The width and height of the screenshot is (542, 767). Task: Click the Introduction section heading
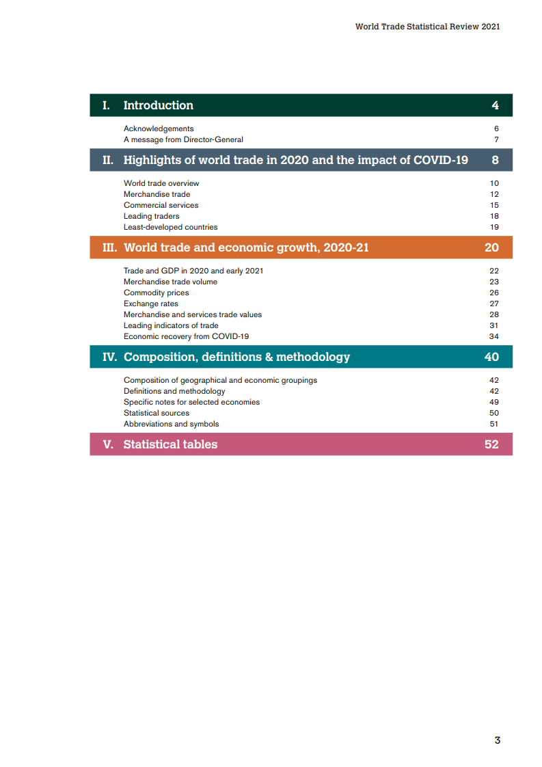pyautogui.click(x=158, y=105)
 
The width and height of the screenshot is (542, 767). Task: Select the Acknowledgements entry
pyautogui.click(x=159, y=129)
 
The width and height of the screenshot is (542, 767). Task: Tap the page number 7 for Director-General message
pyautogui.click(x=496, y=139)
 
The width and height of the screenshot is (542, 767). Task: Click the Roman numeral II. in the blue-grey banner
pyautogui.click(x=108, y=160)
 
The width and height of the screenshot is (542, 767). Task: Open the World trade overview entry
pyautogui.click(x=161, y=183)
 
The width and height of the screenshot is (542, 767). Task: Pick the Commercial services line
pyautogui.click(x=161, y=205)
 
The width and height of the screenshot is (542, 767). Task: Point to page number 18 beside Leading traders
pyautogui.click(x=494, y=216)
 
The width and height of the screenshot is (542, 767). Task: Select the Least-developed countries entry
pyautogui.click(x=170, y=227)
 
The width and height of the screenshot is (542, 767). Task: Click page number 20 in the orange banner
pyautogui.click(x=491, y=247)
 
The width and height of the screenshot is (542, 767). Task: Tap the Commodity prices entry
pyautogui.click(x=156, y=293)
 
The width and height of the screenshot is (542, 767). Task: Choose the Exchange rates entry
pyautogui.click(x=150, y=304)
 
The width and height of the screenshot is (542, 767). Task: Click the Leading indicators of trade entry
pyautogui.click(x=171, y=325)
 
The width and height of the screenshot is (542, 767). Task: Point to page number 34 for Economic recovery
pyautogui.click(x=494, y=336)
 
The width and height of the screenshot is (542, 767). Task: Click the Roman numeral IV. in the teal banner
pyautogui.click(x=109, y=357)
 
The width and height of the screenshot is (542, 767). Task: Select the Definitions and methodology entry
pyautogui.click(x=174, y=391)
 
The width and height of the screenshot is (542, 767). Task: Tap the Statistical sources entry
pyautogui.click(x=157, y=413)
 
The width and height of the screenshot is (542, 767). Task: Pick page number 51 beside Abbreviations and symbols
pyautogui.click(x=494, y=424)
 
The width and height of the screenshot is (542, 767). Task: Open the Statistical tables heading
pyautogui.click(x=170, y=444)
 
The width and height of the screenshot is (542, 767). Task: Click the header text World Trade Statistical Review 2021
pyautogui.click(x=427, y=27)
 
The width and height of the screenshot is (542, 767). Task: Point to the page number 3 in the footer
pyautogui.click(x=498, y=740)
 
